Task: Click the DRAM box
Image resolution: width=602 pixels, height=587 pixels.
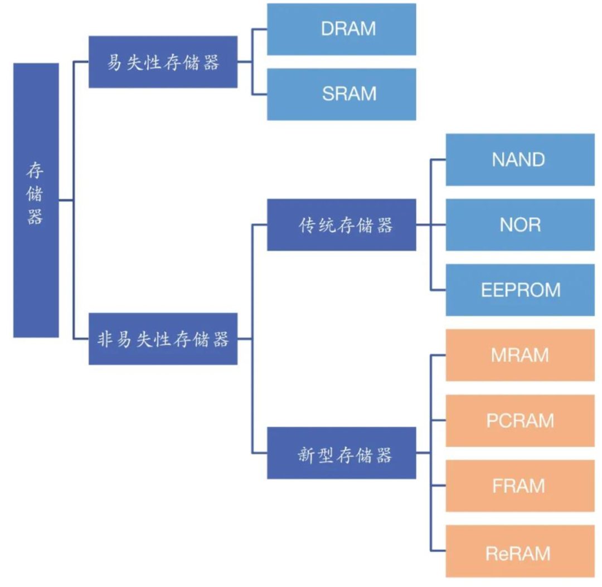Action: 341,29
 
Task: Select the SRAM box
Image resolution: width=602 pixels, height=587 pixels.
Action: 341,94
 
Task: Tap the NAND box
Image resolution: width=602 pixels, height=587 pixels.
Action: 520,160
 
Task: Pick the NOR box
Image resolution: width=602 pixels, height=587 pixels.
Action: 520,225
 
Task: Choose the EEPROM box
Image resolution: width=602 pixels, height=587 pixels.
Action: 520,290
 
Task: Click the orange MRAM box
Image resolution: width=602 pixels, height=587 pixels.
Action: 520,355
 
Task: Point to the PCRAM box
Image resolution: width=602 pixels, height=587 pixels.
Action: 520,421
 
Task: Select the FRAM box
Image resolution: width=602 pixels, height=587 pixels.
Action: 520,486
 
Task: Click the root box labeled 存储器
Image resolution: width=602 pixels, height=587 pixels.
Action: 36,200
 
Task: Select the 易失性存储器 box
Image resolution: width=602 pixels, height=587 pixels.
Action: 163,62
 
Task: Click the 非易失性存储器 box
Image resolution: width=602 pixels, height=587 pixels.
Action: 163,339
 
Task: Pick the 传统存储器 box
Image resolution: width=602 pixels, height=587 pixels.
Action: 341,225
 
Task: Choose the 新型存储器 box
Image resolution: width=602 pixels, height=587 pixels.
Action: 341,453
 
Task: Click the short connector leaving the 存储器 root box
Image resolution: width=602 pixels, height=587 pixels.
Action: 66,200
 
